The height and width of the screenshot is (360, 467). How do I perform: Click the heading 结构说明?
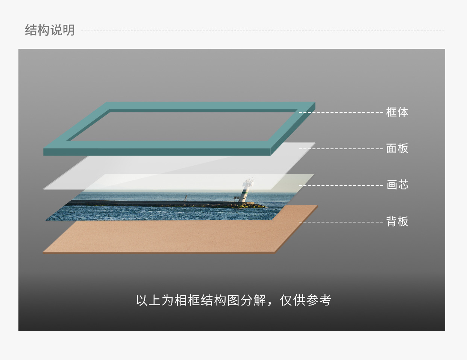(50, 30)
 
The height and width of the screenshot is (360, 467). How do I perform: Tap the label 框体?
(397, 112)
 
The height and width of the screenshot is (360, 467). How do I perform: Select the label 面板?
(397, 148)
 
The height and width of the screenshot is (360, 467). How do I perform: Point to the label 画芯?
(397, 185)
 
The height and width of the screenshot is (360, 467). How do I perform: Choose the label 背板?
(397, 221)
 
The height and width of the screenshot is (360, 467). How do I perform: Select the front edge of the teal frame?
(157, 152)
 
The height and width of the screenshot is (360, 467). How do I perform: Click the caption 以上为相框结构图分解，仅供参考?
(233, 300)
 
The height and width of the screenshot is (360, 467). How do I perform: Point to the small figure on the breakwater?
(185, 198)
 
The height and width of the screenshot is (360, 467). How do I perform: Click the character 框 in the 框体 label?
(391, 112)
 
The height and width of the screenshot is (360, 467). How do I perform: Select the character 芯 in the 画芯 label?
(403, 185)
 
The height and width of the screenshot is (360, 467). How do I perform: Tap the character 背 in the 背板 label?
(391, 221)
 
